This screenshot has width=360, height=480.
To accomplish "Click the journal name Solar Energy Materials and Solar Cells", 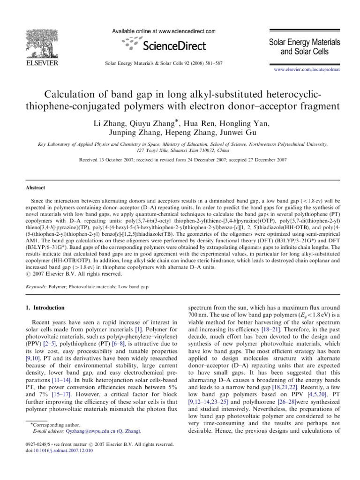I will point(304,46).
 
